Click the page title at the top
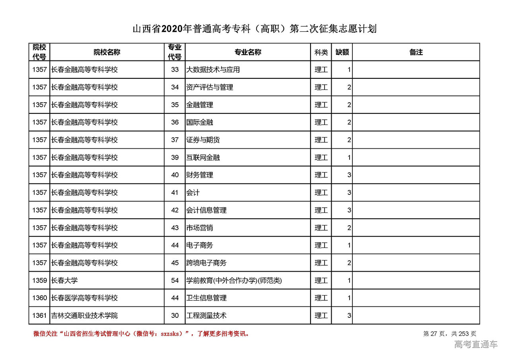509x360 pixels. point(254,29)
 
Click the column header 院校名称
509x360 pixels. point(107,52)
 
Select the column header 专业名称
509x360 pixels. point(248,52)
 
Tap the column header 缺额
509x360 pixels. point(342,52)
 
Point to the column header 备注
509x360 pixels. point(416,52)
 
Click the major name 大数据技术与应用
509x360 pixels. point(213,70)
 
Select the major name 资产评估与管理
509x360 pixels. point(210,87)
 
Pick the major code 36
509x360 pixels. point(175,122)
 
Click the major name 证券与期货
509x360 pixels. point(203,140)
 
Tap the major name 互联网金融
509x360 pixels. point(203,158)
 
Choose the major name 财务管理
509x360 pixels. point(200,175)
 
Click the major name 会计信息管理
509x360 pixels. point(206,210)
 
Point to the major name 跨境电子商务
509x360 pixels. point(206,263)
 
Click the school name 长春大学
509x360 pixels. point(64,280)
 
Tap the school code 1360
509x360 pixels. point(39,298)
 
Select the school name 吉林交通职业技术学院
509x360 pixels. point(85,315)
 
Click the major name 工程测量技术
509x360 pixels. point(206,315)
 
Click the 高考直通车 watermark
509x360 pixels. point(476,344)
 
